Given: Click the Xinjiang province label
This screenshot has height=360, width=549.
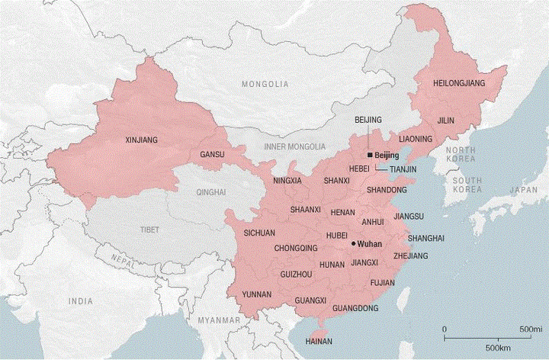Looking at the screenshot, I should (140, 140).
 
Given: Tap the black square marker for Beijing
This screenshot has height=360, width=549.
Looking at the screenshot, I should (370, 155).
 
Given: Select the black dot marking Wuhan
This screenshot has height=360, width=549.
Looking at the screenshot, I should (353, 244).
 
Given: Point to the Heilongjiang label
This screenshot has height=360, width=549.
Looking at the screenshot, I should (458, 82).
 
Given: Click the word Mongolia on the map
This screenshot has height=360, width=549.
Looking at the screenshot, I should (265, 83).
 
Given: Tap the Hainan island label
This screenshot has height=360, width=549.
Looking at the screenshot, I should (318, 341).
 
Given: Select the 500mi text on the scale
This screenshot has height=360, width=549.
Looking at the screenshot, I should (531, 328).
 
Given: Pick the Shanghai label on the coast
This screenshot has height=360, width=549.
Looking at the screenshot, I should (426, 238).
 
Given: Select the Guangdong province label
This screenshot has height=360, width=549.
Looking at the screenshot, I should (355, 308).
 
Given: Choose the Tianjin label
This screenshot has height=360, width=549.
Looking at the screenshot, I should (403, 168).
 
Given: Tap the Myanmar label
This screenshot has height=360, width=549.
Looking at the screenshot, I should (213, 321).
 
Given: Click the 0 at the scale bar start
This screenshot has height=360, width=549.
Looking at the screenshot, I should (445, 328).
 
